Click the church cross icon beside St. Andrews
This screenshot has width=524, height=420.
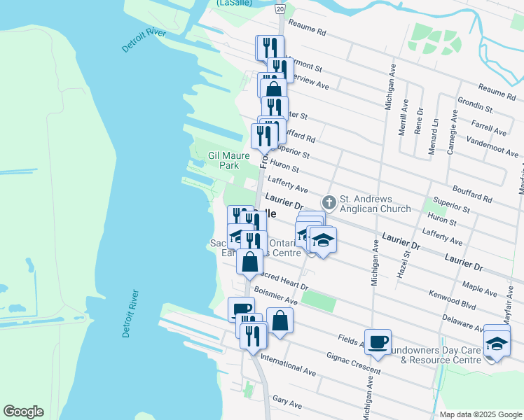click(329, 202)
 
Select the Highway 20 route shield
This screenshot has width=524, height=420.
click(280, 8)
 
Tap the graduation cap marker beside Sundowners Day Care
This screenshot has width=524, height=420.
click(497, 344)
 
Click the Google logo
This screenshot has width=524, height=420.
click(23, 412)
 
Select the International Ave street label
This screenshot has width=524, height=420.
click(288, 363)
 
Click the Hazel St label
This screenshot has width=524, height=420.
click(402, 260)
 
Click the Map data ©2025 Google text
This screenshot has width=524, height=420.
click(480, 414)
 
